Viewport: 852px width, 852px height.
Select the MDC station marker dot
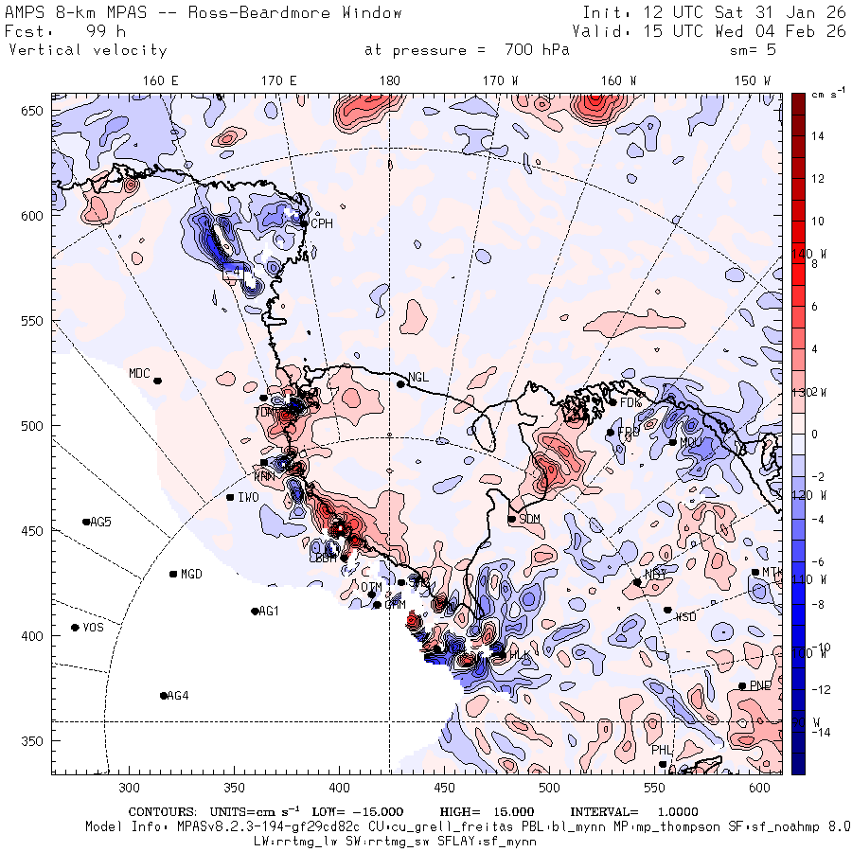tap(157, 381)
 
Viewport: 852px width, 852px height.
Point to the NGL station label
tap(418, 378)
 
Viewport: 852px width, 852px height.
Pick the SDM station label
tap(530, 519)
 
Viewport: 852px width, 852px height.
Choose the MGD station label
tap(191, 575)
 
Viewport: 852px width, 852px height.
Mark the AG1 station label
tap(269, 611)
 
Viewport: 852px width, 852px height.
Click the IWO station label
tap(248, 497)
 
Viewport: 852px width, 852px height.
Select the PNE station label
tap(760, 685)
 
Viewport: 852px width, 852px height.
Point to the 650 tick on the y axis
tap(35, 111)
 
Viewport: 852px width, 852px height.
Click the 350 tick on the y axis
tap(35, 740)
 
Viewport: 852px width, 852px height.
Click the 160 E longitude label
tap(161, 80)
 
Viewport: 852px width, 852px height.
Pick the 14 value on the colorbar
tap(818, 136)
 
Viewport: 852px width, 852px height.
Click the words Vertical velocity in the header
tap(88, 50)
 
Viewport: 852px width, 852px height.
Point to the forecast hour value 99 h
tap(99, 31)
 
